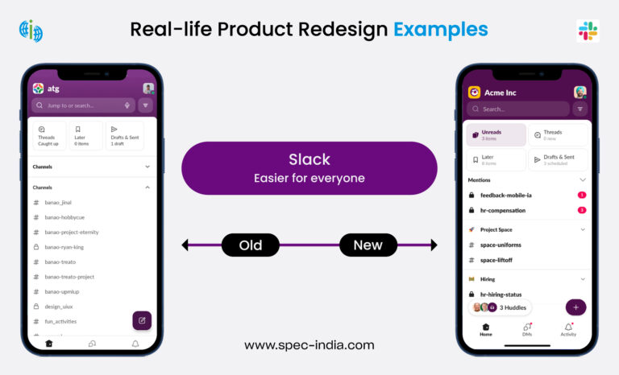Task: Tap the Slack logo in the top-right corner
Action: click(x=588, y=31)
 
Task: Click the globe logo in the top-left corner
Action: click(x=31, y=31)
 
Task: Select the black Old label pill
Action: click(x=250, y=245)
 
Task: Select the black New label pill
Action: click(x=368, y=245)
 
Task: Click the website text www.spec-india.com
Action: click(x=309, y=345)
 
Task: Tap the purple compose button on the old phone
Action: click(x=142, y=320)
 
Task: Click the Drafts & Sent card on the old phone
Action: click(x=124, y=135)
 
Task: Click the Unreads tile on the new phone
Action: click(x=496, y=135)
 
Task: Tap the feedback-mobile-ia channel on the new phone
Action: click(x=505, y=195)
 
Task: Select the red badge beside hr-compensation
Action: click(x=582, y=210)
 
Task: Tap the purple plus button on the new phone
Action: click(x=575, y=307)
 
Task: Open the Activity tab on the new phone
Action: click(x=568, y=331)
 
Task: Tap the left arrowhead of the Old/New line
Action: click(x=185, y=245)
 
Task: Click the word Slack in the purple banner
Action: click(x=309, y=159)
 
